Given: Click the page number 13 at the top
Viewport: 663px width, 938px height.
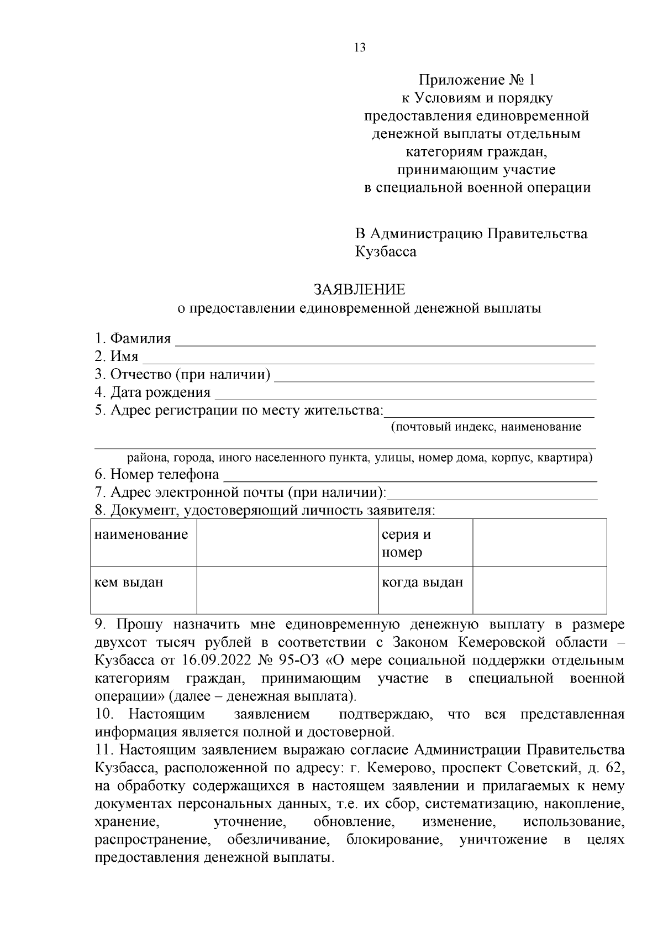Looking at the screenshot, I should pos(359,48).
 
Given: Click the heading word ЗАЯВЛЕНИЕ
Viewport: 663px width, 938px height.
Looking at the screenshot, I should pos(359,290).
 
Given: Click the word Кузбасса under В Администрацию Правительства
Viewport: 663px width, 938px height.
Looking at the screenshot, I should pos(385,252).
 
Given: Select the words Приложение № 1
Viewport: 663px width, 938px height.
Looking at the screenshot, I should pos(477,81).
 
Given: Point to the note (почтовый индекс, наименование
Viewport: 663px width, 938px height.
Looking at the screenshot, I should pos(486,427).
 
